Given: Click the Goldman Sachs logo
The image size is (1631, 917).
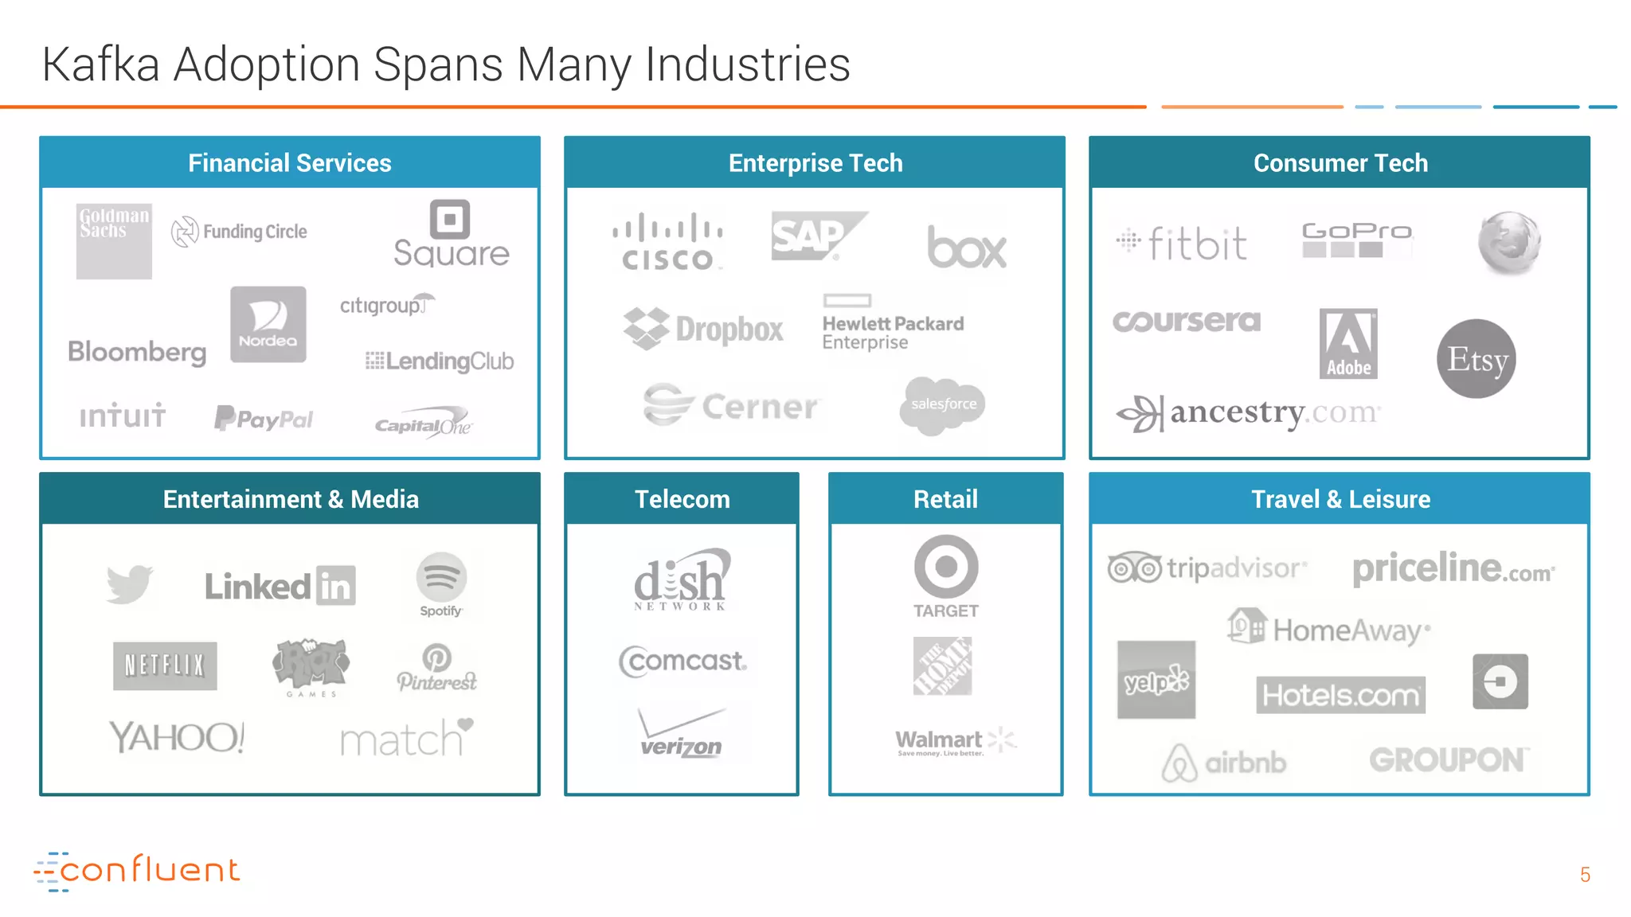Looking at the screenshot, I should tap(114, 240).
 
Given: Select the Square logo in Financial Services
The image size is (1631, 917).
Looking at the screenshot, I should tap(451, 234).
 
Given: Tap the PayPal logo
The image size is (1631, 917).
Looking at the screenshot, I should tap(264, 418).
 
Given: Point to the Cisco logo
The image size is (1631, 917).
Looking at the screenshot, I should tap(667, 241).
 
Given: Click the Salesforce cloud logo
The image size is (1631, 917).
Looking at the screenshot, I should tap(943, 404).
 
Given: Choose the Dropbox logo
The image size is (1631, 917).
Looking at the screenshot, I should tap(703, 329).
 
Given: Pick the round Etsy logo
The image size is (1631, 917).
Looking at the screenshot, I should tap(1477, 359).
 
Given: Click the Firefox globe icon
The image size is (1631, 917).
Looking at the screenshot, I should tap(1508, 243).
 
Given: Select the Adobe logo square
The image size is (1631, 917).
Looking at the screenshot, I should tap(1348, 343).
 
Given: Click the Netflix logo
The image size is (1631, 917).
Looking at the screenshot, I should tap(165, 665).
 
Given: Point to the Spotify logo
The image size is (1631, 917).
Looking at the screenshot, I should tap(441, 583).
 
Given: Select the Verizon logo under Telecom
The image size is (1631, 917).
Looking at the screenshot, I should tap(681, 734).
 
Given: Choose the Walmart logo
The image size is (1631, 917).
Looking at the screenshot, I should tap(955, 742).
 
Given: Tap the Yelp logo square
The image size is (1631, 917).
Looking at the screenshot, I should tap(1156, 680).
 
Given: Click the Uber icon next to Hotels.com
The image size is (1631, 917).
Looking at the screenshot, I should tap(1500, 681).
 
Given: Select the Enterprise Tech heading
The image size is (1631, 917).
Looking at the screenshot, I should tap(815, 163).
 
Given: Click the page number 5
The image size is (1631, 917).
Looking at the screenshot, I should tap(1585, 875).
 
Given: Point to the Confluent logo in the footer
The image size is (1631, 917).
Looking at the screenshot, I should tap(137, 871).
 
